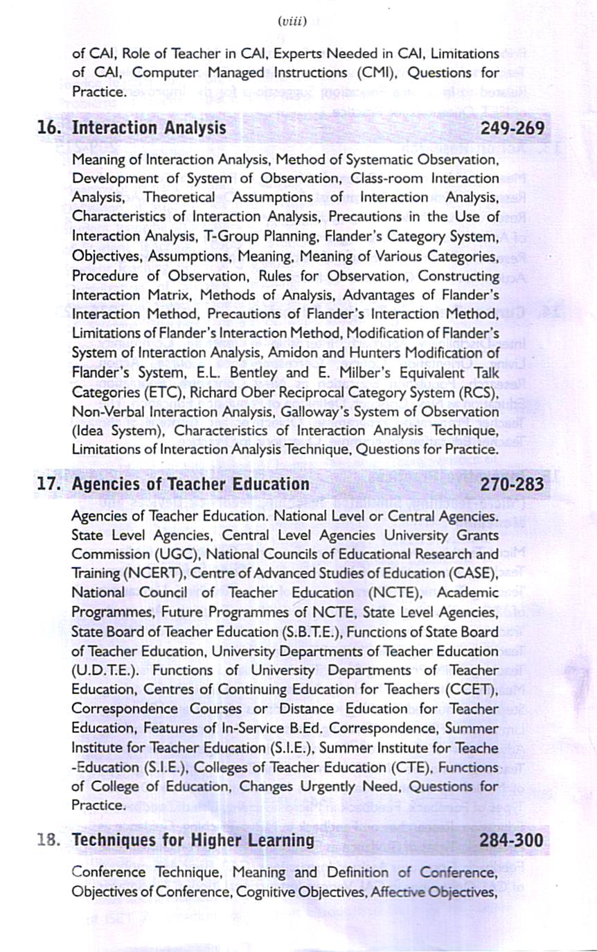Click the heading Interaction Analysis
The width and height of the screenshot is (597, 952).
[x=149, y=128]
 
